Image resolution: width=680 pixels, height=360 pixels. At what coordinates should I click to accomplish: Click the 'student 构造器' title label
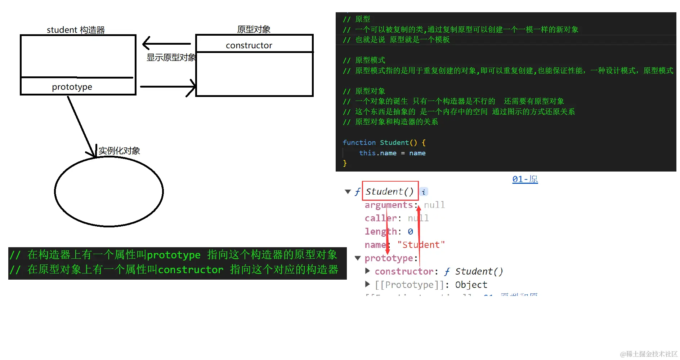(x=76, y=30)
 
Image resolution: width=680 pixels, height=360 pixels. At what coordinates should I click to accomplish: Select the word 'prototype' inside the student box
(x=72, y=87)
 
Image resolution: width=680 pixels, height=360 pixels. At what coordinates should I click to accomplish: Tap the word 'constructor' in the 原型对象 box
(x=249, y=45)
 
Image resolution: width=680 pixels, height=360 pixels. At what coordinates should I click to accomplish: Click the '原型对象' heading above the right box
(x=254, y=29)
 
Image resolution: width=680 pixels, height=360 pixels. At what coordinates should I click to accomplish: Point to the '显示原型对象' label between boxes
(x=171, y=58)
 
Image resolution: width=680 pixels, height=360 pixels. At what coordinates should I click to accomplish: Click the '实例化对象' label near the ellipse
(x=119, y=151)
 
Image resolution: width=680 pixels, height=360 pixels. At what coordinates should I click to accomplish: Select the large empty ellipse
(x=109, y=191)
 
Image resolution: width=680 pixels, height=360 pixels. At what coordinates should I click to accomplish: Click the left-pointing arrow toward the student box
(x=166, y=44)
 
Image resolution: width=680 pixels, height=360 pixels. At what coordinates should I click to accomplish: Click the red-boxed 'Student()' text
(x=389, y=191)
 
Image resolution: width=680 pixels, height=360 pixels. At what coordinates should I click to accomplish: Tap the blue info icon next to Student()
(x=424, y=192)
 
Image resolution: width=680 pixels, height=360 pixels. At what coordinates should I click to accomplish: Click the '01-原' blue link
(x=525, y=179)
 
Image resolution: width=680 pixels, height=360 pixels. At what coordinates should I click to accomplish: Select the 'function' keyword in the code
(x=359, y=143)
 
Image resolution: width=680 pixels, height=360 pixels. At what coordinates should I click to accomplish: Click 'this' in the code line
(x=367, y=153)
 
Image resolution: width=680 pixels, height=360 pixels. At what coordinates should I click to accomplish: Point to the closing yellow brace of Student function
(x=345, y=163)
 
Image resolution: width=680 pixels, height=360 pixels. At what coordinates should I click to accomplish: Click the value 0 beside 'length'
(x=410, y=232)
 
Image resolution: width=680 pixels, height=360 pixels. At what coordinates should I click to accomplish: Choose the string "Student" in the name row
(x=421, y=245)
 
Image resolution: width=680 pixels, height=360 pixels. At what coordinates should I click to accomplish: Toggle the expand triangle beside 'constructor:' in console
(x=367, y=271)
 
